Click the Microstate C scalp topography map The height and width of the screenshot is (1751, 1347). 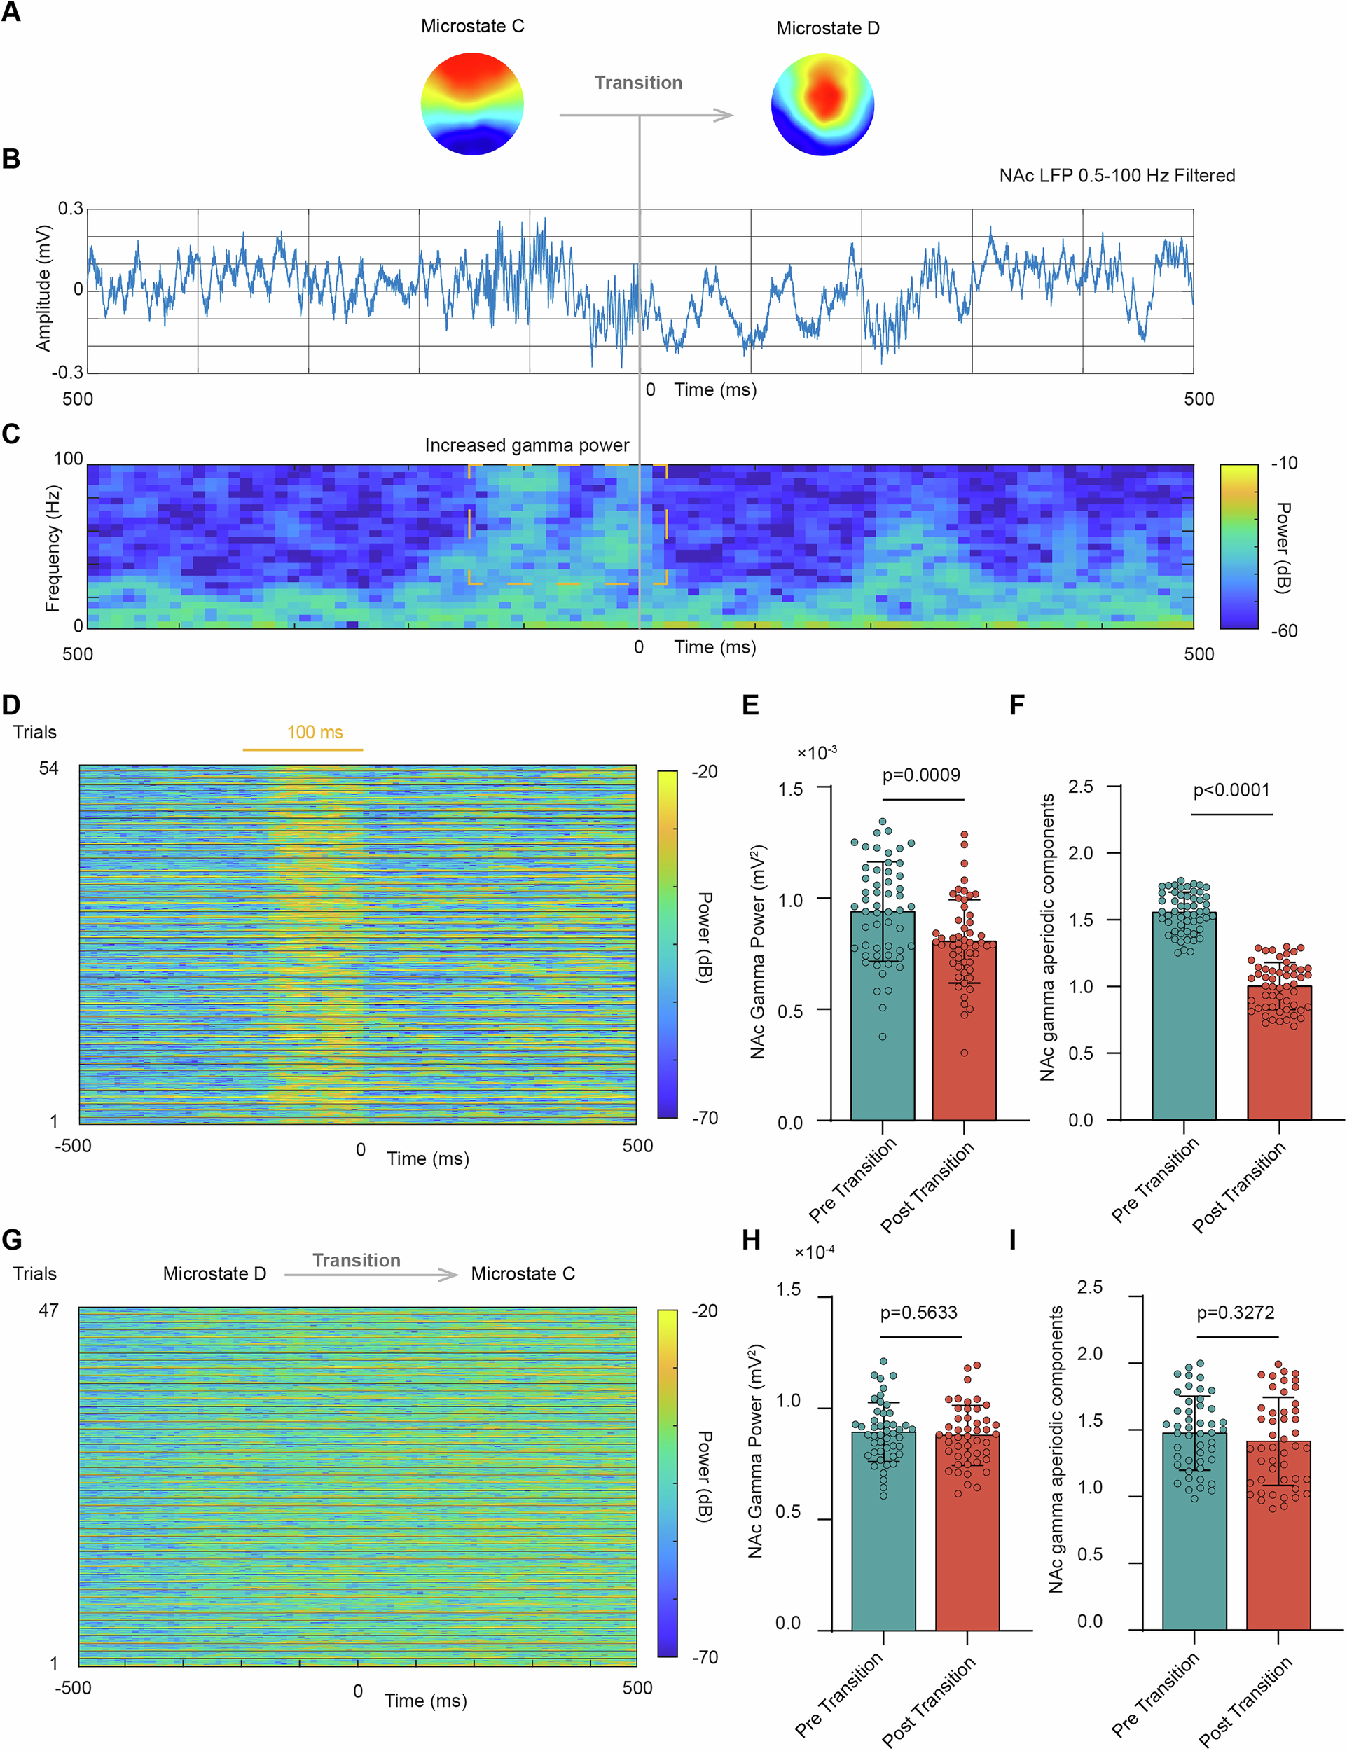(472, 104)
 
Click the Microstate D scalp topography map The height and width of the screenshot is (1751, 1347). (822, 104)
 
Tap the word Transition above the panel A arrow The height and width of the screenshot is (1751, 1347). (638, 83)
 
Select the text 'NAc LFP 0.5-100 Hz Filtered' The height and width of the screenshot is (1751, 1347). (1116, 176)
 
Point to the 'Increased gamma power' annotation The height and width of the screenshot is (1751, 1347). (527, 445)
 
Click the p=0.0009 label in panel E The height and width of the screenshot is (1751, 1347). (921, 775)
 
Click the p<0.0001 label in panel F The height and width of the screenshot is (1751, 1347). (1231, 790)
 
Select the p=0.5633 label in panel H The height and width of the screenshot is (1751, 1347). (919, 1313)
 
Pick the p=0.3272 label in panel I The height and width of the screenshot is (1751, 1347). (1236, 1313)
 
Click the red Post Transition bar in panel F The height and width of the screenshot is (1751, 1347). (1279, 1058)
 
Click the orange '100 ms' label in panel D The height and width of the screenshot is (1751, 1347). (315, 732)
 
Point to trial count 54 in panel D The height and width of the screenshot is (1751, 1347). (49, 768)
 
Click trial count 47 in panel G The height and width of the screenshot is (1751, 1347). (49, 1310)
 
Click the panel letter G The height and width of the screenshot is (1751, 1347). (12, 1240)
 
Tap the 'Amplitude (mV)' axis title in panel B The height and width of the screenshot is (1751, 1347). (43, 288)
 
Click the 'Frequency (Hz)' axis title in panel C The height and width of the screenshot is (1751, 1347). (53, 548)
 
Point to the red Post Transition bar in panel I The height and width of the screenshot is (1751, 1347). (1278, 1539)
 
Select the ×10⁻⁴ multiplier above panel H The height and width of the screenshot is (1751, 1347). (815, 1252)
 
